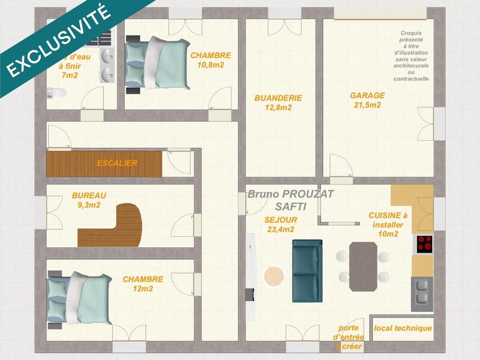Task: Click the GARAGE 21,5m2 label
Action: click(x=367, y=100)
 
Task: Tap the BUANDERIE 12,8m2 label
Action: click(x=278, y=103)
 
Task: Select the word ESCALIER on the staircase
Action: click(x=117, y=163)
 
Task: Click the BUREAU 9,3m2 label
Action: click(x=89, y=200)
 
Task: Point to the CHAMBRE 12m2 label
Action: click(x=143, y=284)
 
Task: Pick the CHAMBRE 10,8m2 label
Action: click(x=211, y=60)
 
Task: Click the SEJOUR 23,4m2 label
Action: click(x=280, y=224)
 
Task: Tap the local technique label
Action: click(x=403, y=328)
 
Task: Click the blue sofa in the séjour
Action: click(x=307, y=270)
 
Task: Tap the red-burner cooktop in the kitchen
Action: click(x=425, y=244)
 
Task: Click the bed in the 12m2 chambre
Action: click(x=81, y=298)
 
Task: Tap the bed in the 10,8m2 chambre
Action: click(x=157, y=63)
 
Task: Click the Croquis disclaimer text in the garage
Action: click(x=411, y=57)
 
